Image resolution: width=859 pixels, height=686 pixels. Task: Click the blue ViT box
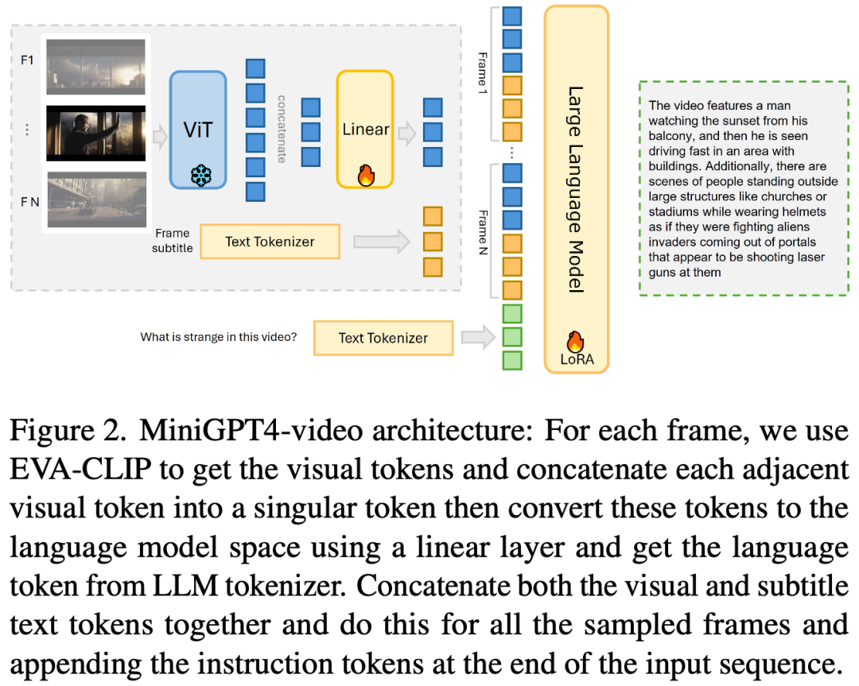click(x=198, y=130)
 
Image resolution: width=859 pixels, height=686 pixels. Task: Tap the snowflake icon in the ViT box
click(x=200, y=175)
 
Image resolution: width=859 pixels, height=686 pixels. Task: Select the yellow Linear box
click(x=365, y=129)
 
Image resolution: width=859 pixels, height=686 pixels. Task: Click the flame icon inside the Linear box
click(x=366, y=176)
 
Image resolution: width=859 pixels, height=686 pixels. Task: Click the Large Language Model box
click(x=577, y=188)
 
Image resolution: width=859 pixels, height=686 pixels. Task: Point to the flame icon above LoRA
click(x=575, y=341)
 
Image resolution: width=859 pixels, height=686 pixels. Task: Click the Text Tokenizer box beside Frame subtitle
click(x=270, y=242)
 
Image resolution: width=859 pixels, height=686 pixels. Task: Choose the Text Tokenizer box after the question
click(x=383, y=338)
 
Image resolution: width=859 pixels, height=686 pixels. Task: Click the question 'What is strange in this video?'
click(x=219, y=337)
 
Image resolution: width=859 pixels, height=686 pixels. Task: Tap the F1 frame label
click(x=27, y=60)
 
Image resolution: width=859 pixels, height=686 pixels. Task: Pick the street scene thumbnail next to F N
click(x=96, y=200)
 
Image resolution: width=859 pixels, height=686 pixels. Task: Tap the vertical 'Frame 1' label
click(x=483, y=75)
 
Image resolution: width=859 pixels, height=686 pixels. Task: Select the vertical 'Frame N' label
click(x=483, y=231)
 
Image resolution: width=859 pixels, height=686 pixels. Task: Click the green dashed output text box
click(x=743, y=188)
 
